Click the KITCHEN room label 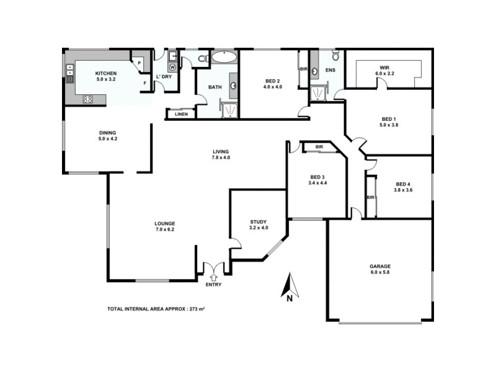point(89,71)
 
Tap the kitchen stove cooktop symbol point(87,99)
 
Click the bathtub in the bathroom point(223,58)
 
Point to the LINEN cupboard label point(181,114)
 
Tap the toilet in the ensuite point(335,57)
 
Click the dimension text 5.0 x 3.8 point(388,125)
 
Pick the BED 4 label point(403,184)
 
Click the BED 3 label point(317,176)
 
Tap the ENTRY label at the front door point(213,285)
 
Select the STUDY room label point(259,221)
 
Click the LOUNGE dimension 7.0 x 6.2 point(165,229)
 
